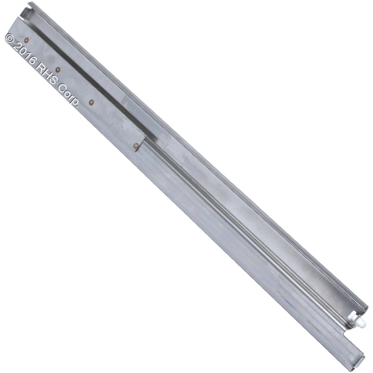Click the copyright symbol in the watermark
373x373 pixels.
pos(10,39)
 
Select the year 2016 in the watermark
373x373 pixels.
pos(24,53)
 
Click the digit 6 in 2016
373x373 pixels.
pos(32,60)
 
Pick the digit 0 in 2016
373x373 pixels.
pos(21,50)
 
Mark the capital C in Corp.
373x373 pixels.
pos(63,88)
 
